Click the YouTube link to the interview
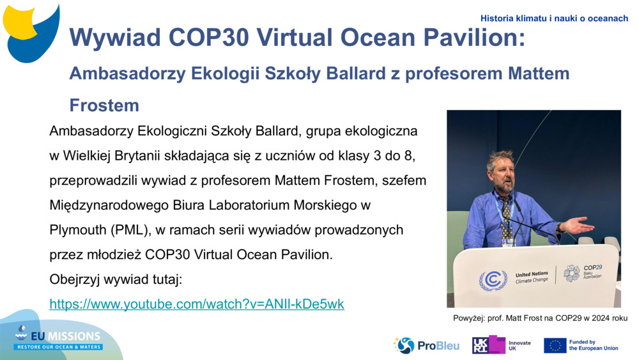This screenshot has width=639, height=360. (197, 304)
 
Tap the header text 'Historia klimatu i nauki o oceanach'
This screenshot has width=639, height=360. (554, 19)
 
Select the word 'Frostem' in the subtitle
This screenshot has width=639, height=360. (104, 104)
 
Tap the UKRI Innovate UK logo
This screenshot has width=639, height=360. (501, 345)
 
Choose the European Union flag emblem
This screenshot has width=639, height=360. (555, 345)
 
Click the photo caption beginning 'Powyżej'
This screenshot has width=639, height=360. (539, 318)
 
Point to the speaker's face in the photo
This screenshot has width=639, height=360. (502, 173)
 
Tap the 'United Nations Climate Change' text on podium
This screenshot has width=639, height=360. (532, 277)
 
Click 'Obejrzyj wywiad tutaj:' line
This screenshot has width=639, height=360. (116, 279)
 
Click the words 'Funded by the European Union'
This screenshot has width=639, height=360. (594, 345)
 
